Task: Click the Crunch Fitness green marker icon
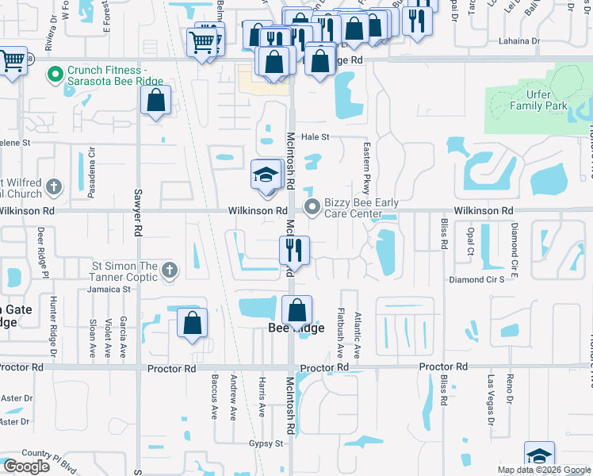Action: coord(55,75)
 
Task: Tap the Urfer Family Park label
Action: coord(538,100)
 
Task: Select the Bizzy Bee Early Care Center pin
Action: coord(312,208)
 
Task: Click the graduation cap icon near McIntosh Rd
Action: coord(266,175)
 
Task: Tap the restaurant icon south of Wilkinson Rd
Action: coord(293,251)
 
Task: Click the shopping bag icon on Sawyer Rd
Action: coord(155,100)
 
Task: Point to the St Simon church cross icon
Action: coord(168,271)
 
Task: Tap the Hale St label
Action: coord(314,137)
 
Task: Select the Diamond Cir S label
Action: coord(476,280)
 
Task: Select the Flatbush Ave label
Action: coord(339,331)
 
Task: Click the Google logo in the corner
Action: coord(25,466)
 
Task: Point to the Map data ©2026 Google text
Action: coord(543,470)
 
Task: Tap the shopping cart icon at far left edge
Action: coord(12,60)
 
